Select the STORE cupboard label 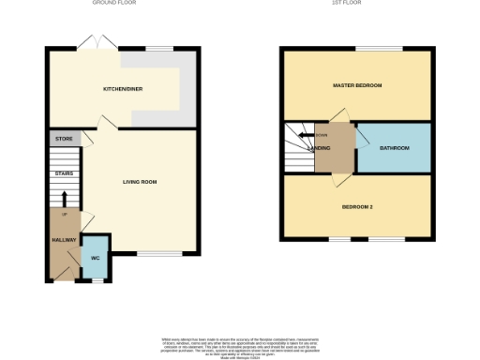pos(64,139)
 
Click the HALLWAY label pos(64,240)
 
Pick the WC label pos(95,258)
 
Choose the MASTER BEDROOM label pos(357,85)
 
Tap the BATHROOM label pos(393,148)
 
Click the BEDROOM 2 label pos(357,206)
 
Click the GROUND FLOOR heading pos(116,4)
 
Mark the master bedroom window pos(378,48)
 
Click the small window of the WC pos(95,279)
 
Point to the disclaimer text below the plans pos(240,345)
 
